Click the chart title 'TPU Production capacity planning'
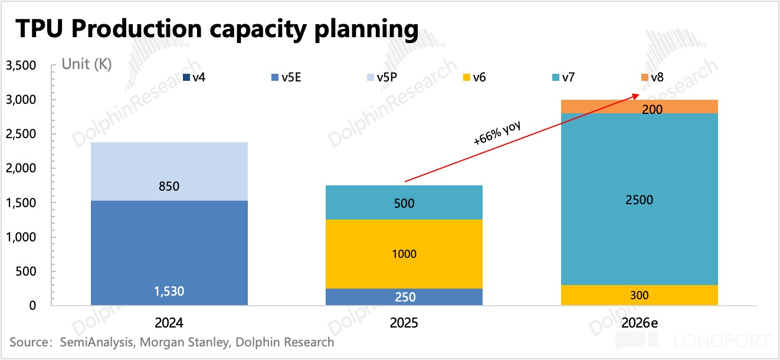(x=216, y=30)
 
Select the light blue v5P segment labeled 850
(x=169, y=171)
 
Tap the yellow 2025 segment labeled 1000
(x=404, y=254)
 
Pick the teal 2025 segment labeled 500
(x=404, y=202)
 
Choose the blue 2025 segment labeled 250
(x=404, y=296)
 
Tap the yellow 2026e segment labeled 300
(x=639, y=295)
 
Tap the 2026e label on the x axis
(x=639, y=323)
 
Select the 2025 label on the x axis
(x=404, y=323)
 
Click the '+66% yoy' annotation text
(x=498, y=132)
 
